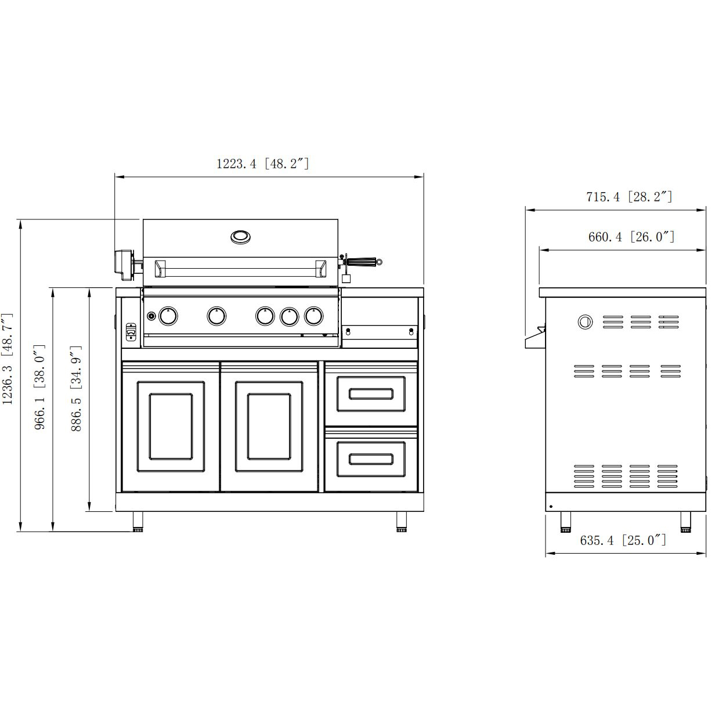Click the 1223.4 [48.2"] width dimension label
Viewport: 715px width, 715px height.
262,164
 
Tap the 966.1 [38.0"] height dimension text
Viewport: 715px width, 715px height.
40,387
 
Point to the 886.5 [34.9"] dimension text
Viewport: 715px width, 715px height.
76,388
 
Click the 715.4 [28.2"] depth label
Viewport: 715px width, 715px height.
629,197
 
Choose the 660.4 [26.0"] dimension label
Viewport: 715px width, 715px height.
631,237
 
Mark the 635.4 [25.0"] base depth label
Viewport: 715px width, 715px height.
623,540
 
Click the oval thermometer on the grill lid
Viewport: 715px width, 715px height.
240,237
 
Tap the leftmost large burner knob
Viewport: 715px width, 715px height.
168,316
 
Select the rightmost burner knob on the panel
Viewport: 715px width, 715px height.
314,316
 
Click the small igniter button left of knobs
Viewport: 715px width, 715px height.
151,316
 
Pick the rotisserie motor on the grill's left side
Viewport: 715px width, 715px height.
124,263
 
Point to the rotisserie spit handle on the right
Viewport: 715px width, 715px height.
364,262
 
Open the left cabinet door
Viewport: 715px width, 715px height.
171,427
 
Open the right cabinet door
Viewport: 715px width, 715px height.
269,427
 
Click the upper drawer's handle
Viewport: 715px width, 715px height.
370,394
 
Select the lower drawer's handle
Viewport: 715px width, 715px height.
370,459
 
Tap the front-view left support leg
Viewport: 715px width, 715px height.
138,521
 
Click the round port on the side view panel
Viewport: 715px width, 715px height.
585,322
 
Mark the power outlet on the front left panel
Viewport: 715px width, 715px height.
130,332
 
